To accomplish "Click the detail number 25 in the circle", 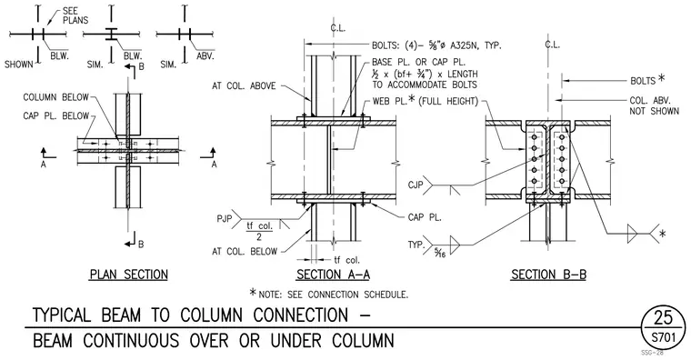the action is click(x=663, y=317).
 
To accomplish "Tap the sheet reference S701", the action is click(x=663, y=338).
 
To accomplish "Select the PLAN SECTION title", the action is click(x=129, y=275).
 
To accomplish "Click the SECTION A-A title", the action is click(x=333, y=275).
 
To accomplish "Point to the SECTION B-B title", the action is click(x=548, y=275).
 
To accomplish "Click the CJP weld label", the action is click(x=416, y=185).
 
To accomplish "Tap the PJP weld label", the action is click(x=225, y=218).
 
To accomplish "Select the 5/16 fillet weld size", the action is click(x=439, y=253).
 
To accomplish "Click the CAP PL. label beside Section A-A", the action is click(x=425, y=217).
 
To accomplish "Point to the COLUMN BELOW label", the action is click(x=55, y=97).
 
